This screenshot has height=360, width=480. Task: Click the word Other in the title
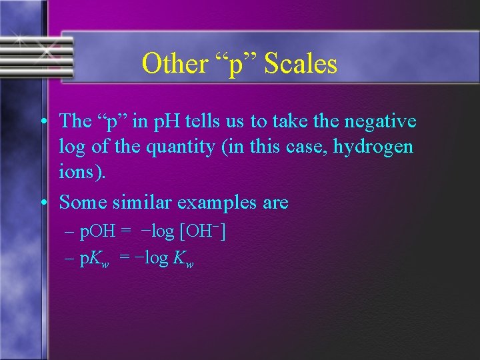point(175,64)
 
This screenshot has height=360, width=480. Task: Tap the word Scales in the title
point(301,64)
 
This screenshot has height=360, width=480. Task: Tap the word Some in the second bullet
point(84,201)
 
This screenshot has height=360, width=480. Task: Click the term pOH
point(97,232)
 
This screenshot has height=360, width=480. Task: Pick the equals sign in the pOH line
point(125,232)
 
